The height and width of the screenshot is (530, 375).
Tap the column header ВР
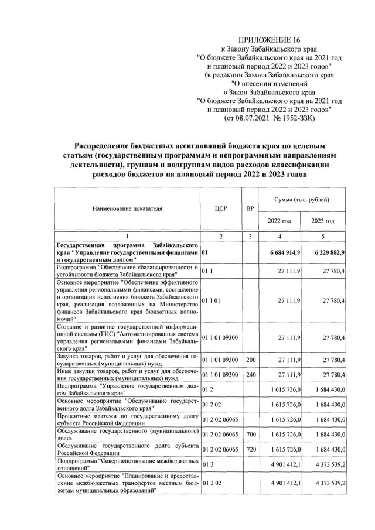click(x=250, y=208)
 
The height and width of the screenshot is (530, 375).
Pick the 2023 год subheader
click(x=322, y=221)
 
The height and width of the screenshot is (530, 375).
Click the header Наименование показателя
click(x=127, y=208)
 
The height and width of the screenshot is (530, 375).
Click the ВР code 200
click(x=250, y=357)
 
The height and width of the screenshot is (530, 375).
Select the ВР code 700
click(x=250, y=434)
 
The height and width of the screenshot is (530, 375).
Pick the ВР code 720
click(x=250, y=449)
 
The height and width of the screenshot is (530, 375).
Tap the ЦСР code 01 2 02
click(x=212, y=404)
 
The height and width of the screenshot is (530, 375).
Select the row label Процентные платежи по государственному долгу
click(x=127, y=419)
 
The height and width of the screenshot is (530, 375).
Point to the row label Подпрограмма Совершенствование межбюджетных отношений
click(x=127, y=465)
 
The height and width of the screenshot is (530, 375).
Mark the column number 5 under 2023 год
click(x=322, y=236)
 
